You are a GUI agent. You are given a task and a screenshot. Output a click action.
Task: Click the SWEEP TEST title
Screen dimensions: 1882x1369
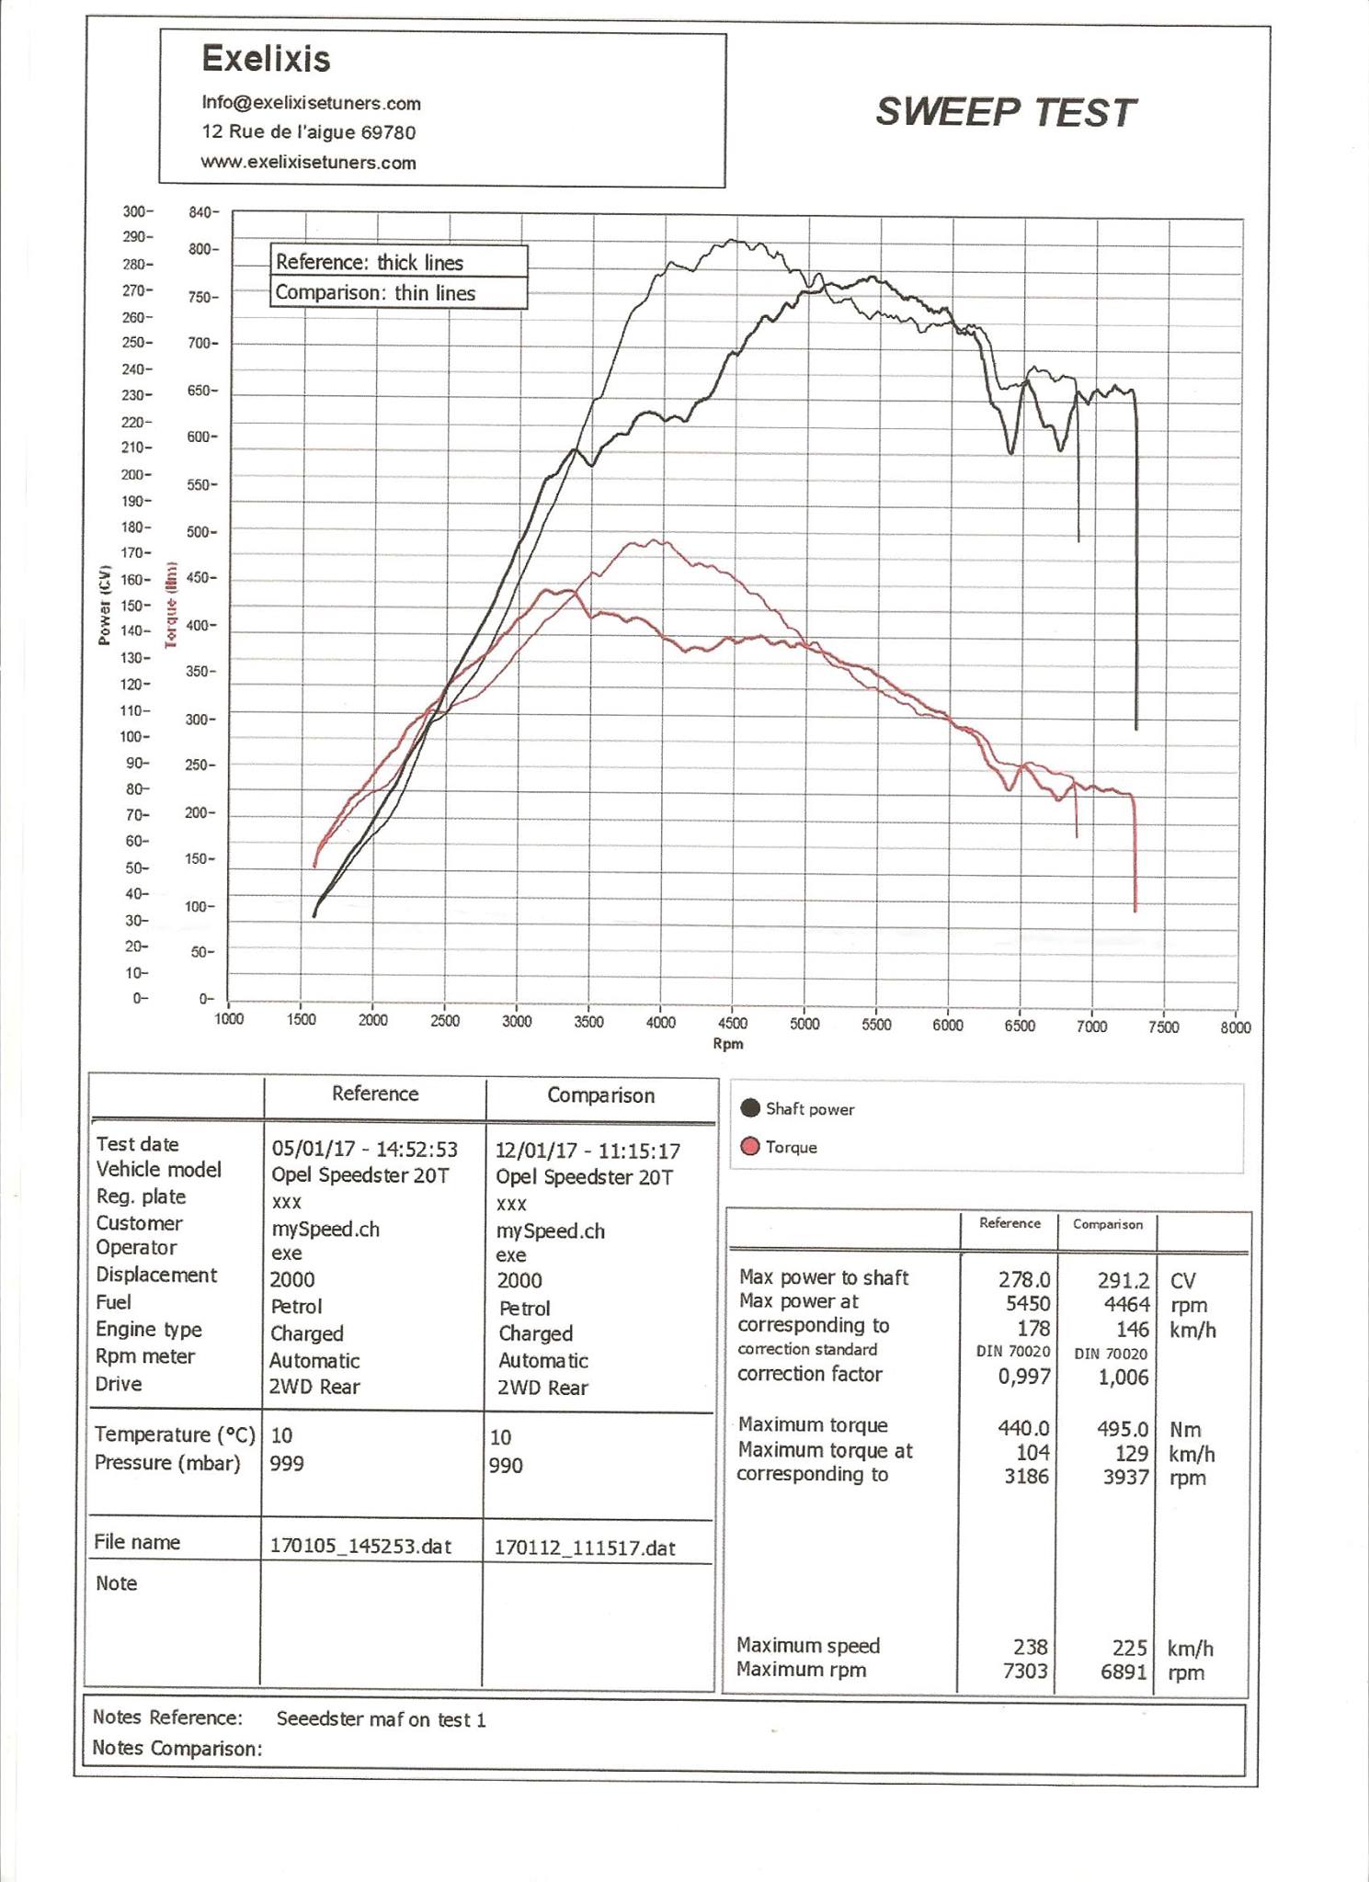click(x=1006, y=113)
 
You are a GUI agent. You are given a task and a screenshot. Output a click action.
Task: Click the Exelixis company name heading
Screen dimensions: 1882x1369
click(x=266, y=60)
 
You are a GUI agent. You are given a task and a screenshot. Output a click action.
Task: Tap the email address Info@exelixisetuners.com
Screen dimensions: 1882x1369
click(x=311, y=104)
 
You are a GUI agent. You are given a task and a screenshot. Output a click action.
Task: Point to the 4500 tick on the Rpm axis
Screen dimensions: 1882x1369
click(x=732, y=1024)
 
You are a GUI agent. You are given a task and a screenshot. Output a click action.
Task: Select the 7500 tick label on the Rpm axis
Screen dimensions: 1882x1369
click(x=1163, y=1027)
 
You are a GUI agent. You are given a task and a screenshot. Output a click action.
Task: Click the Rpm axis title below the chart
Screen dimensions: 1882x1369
click(x=727, y=1044)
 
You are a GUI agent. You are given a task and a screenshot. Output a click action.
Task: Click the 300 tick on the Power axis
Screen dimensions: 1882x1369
click(x=135, y=212)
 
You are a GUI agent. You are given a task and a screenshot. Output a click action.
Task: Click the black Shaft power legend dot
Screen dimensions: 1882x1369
click(x=750, y=1108)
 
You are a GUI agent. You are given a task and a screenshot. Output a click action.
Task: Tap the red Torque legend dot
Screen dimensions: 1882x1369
click(x=750, y=1147)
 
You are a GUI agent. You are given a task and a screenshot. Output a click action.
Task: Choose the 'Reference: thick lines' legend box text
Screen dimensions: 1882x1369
click(x=370, y=263)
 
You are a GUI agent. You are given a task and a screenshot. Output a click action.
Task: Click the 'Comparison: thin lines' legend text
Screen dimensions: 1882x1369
click(x=375, y=293)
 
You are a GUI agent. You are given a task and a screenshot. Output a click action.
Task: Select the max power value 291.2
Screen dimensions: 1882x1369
click(x=1123, y=1281)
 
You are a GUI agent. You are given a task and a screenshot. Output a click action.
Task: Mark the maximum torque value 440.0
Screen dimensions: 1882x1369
click(x=1023, y=1428)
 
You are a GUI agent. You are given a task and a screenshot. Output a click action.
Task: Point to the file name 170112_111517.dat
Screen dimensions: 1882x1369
click(x=585, y=1548)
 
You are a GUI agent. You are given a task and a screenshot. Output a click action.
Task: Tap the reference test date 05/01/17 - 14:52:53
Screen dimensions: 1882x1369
click(x=364, y=1150)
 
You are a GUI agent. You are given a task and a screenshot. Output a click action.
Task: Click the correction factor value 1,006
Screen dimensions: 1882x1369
click(x=1123, y=1377)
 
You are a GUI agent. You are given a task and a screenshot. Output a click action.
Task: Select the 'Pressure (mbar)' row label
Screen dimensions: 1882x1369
click(x=167, y=1463)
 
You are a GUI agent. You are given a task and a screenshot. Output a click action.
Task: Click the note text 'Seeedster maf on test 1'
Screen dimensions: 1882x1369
click(x=381, y=1720)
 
